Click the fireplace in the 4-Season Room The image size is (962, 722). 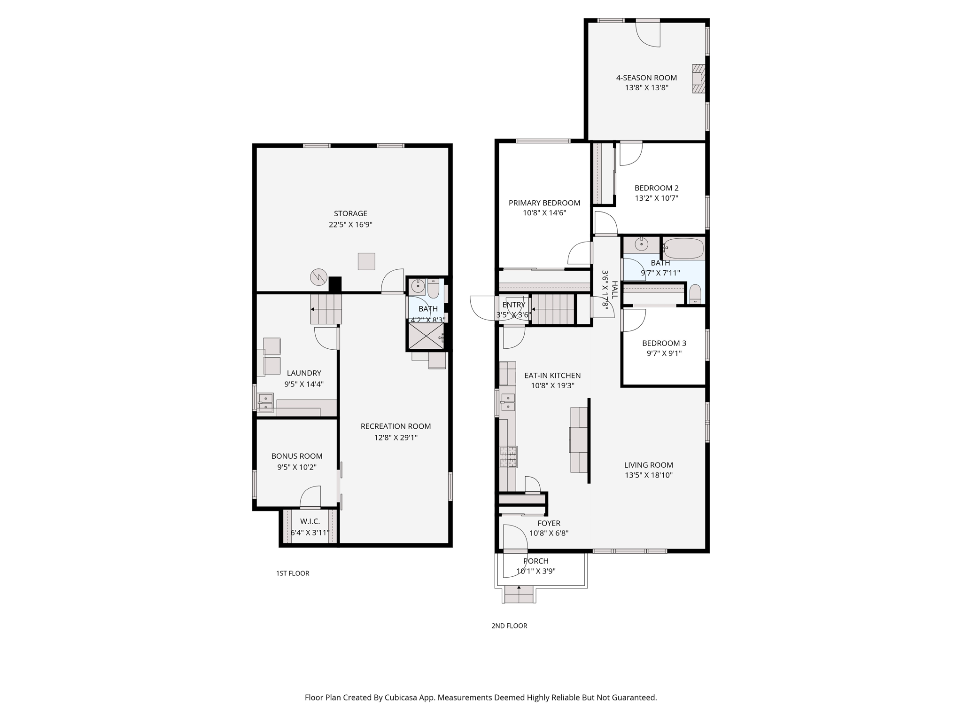[698, 78]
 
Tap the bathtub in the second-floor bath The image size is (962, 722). [684, 248]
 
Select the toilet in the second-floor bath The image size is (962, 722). [695, 294]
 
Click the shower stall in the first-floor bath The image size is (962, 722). [426, 336]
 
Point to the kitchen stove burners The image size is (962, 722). [508, 457]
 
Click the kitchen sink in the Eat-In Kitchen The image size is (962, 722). [508, 402]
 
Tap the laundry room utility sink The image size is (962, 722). [265, 403]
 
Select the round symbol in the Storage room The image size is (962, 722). [318, 277]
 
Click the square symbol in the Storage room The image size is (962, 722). [366, 261]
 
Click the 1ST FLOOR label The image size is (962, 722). [293, 573]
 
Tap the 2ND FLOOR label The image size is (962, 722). [509, 626]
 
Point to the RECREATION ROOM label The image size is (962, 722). [396, 426]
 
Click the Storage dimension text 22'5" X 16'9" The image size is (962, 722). [350, 225]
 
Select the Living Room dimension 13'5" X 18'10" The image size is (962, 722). [649, 475]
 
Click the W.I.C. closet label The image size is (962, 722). [310, 521]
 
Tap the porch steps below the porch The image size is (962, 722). [519, 595]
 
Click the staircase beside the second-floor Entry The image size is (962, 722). [553, 309]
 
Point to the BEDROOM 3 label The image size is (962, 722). [664, 343]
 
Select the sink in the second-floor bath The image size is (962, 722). [641, 244]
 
